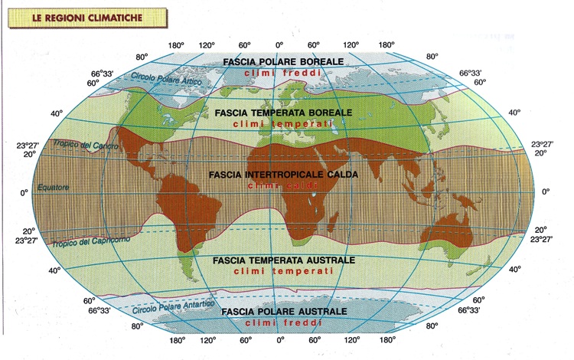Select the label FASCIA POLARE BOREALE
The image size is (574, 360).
pyautogui.click(x=283, y=61)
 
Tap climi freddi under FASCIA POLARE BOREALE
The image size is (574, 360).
pyautogui.click(x=283, y=73)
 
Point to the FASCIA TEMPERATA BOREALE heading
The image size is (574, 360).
pyautogui.click(x=284, y=113)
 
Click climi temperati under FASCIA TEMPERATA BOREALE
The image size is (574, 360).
pyautogui.click(x=284, y=123)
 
